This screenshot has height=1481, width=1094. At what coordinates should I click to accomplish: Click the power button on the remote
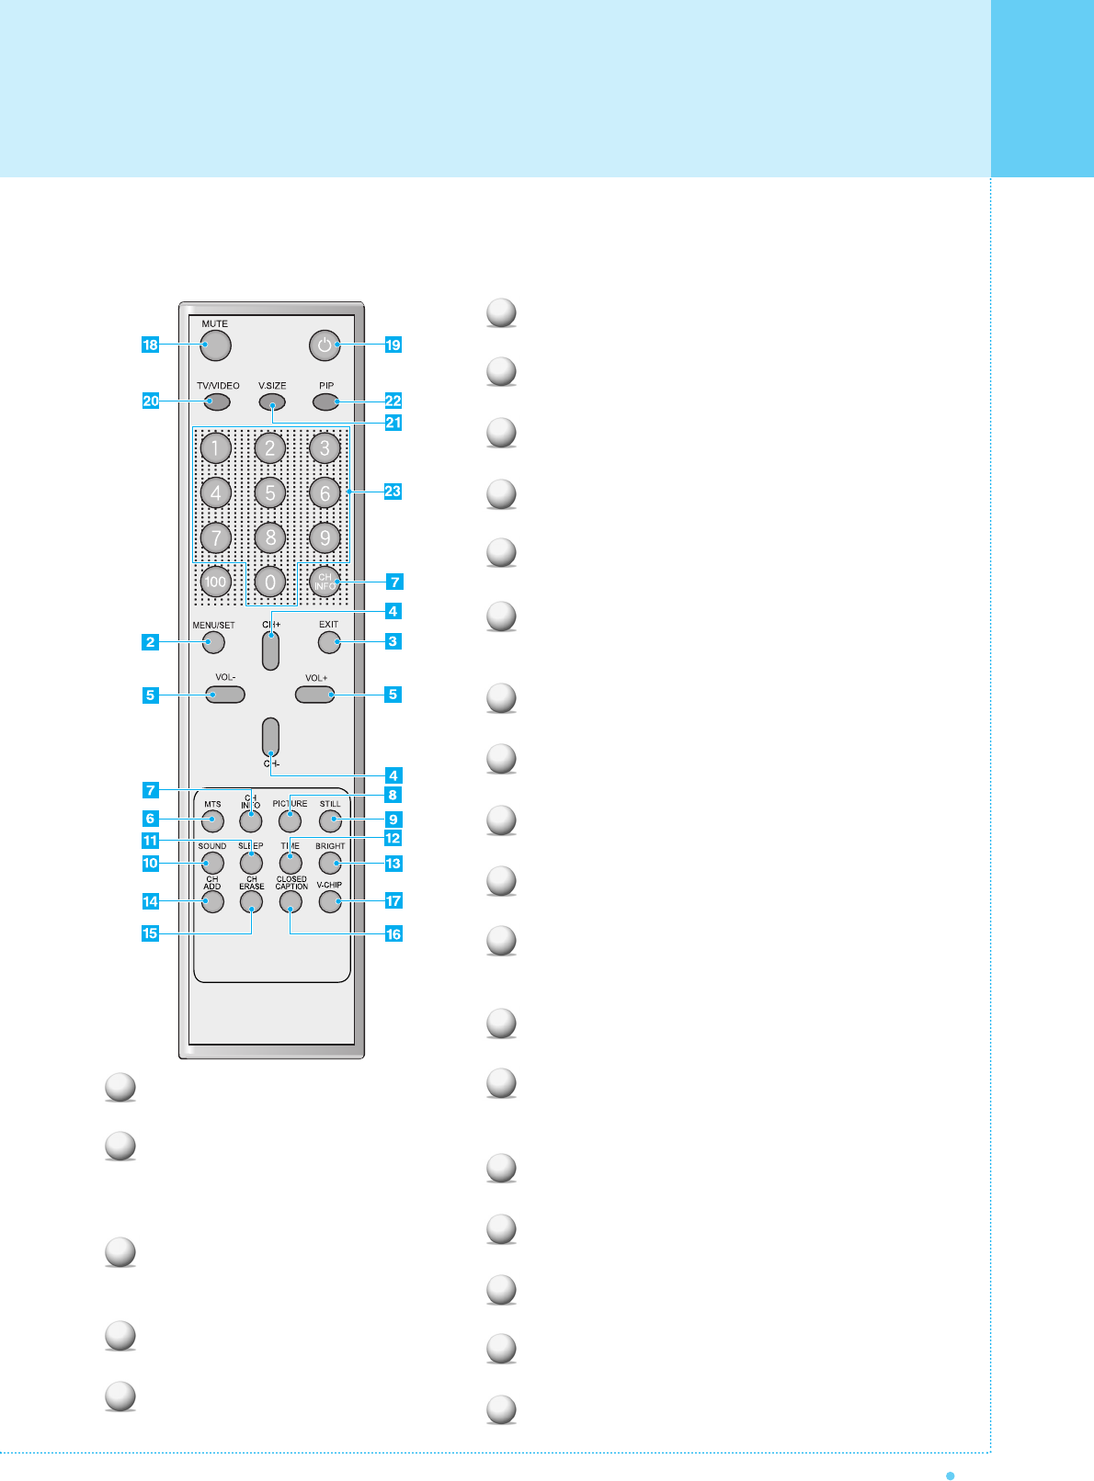coord(325,345)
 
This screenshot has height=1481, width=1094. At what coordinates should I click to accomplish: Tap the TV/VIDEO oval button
coord(217,401)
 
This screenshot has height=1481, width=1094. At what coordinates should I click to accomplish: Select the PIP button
coord(325,401)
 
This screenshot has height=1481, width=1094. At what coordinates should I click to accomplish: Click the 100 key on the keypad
coord(215,582)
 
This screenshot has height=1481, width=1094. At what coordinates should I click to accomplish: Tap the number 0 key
coord(270,582)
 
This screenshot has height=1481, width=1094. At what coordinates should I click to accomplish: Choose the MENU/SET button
coord(212,641)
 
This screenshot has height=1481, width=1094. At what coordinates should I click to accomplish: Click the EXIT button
coord(329,641)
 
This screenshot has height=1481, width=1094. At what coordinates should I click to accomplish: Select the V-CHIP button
coord(330,901)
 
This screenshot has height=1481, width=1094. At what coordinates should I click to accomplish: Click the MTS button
coord(212,820)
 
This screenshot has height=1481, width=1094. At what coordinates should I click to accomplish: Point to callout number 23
coord(393,492)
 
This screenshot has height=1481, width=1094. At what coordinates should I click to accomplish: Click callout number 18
coord(150,345)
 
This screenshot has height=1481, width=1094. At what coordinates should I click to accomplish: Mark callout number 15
coord(150,933)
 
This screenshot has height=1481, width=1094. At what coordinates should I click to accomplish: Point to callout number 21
coord(393,423)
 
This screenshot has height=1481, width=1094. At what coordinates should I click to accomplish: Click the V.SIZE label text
coord(272,386)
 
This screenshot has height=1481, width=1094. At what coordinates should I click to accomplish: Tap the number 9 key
coord(325,537)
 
